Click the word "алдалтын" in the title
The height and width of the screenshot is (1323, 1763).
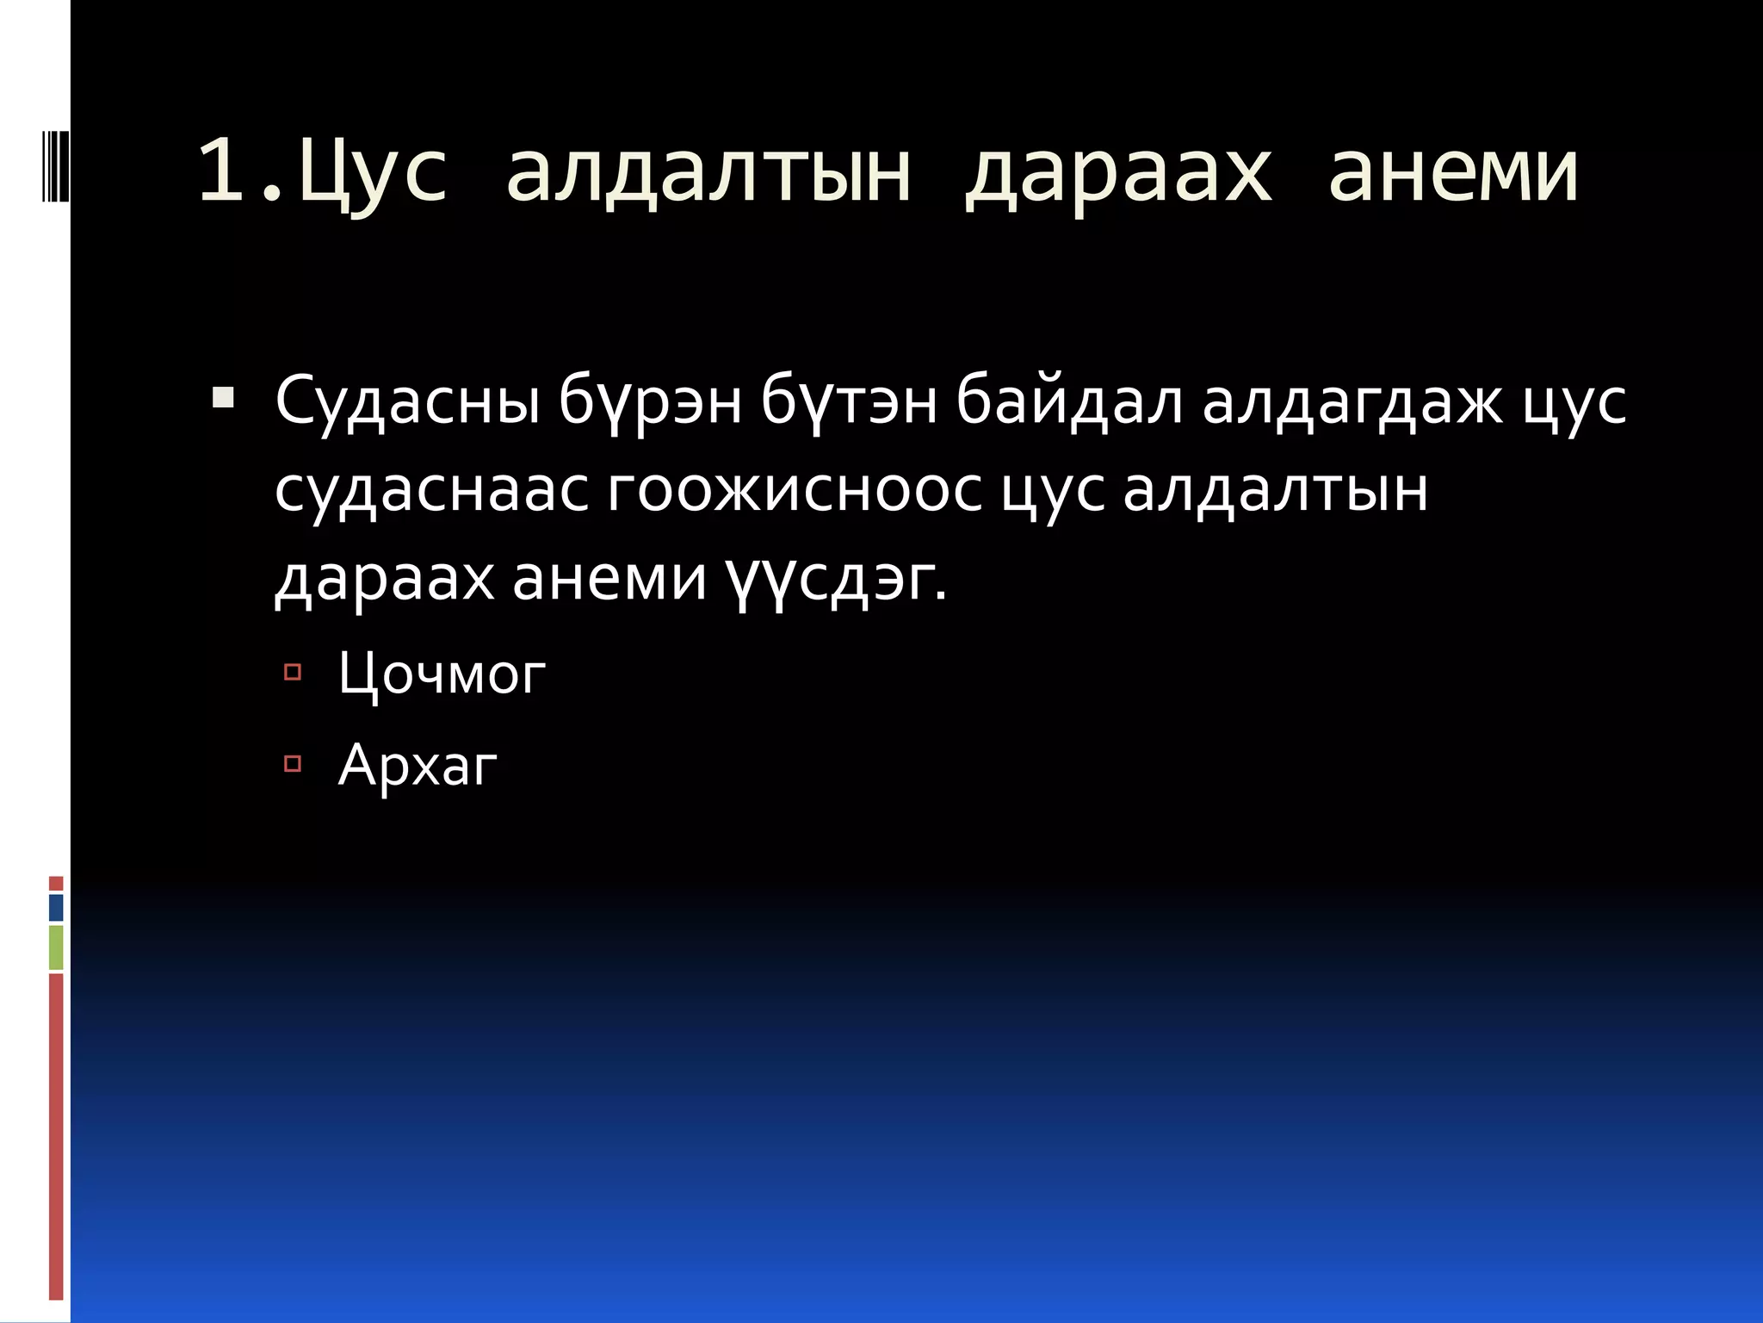[708, 172]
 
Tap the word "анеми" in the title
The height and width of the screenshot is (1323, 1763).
[1453, 172]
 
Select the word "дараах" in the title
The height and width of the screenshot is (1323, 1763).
[1117, 172]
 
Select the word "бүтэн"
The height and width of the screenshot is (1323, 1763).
[849, 402]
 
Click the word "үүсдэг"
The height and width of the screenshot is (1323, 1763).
[833, 581]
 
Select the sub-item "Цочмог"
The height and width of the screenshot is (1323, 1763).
[442, 674]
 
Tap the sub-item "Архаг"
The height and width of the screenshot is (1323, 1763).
[418, 765]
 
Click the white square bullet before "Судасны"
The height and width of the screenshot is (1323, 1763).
[222, 398]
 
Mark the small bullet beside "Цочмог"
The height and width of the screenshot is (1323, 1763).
[292, 672]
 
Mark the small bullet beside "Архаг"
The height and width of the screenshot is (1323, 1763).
[292, 763]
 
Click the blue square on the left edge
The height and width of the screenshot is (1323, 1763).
[56, 908]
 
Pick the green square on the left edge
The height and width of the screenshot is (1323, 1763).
[56, 947]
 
